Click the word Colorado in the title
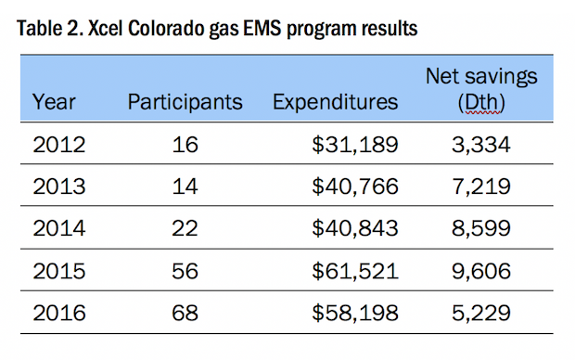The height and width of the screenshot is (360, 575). tap(166, 28)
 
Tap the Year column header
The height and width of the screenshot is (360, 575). tap(54, 102)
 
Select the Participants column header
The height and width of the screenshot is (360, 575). tap(185, 102)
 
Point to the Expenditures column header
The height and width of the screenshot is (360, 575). tap(335, 102)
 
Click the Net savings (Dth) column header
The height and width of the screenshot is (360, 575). tap(481, 89)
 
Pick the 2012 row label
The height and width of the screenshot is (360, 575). tap(59, 145)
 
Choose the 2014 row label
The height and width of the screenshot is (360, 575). tap(59, 228)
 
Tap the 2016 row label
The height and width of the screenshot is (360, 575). tap(59, 313)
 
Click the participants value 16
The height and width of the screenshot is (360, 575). tap(185, 145)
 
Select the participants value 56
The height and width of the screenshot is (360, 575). tap(185, 271)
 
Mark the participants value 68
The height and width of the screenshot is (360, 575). tap(185, 313)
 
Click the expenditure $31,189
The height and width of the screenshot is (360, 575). tap(355, 145)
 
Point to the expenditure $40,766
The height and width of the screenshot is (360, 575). tap(355, 186)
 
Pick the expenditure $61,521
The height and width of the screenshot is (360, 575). tap(355, 271)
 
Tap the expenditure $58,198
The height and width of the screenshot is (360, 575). tap(355, 313)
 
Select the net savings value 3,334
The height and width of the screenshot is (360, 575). tap(481, 146)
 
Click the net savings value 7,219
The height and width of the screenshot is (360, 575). tap(481, 187)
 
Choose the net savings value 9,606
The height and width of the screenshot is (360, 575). tap(481, 272)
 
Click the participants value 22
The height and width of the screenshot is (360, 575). tap(185, 228)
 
